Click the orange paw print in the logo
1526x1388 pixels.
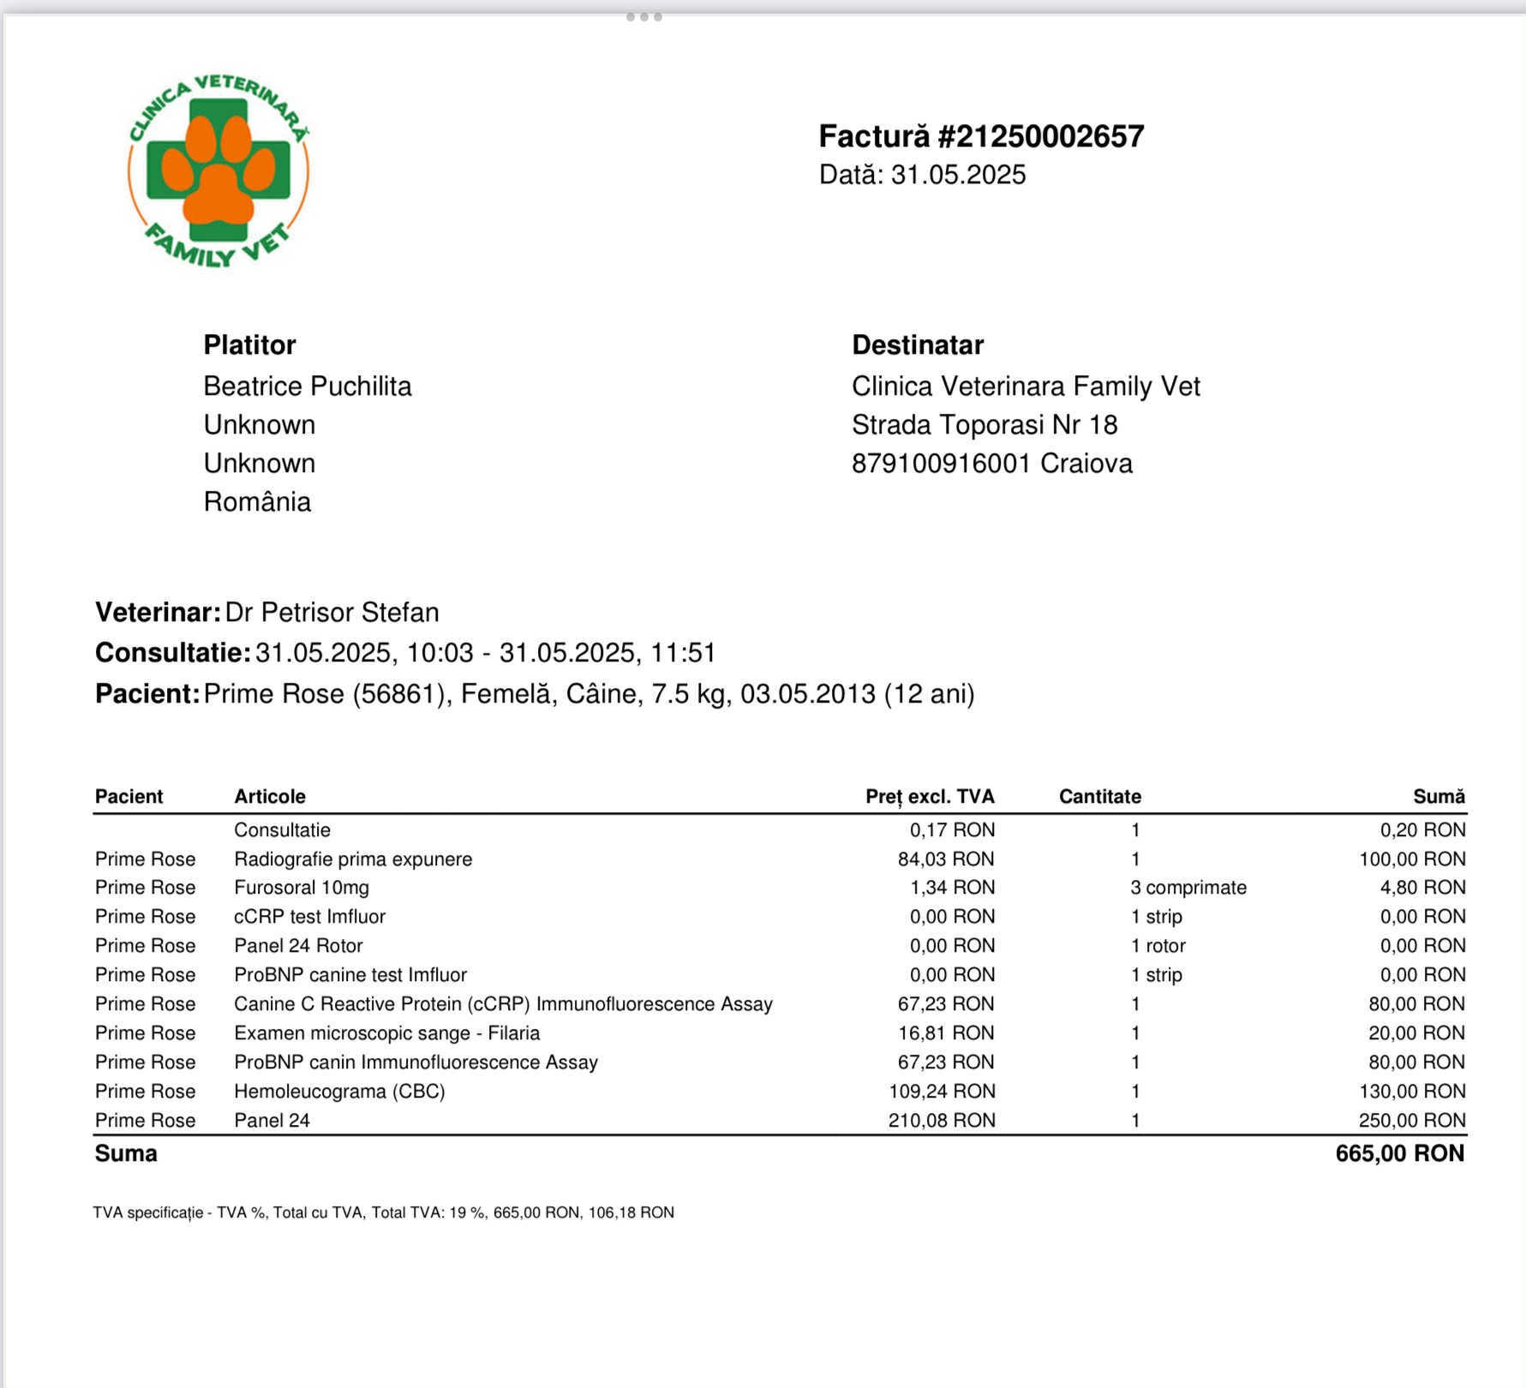click(218, 171)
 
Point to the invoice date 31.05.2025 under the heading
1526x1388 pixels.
click(958, 175)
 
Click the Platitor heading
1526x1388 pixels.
click(249, 344)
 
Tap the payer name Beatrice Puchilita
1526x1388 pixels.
click(308, 386)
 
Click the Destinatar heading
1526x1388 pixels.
click(918, 344)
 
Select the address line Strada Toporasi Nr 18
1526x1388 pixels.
click(984, 425)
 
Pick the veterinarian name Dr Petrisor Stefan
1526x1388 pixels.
click(332, 613)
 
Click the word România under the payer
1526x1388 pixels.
click(257, 502)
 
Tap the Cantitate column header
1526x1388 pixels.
click(1100, 797)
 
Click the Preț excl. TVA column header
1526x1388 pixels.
click(930, 797)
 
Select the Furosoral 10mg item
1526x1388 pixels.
click(302, 888)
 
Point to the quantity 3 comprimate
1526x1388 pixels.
click(1188, 888)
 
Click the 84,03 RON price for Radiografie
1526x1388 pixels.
click(946, 859)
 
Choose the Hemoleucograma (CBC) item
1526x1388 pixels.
click(339, 1092)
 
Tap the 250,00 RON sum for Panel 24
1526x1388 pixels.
click(1411, 1121)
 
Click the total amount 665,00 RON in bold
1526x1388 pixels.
click(1399, 1153)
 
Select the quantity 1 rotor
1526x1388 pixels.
click(1158, 946)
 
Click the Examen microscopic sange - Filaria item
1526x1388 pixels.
click(387, 1033)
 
